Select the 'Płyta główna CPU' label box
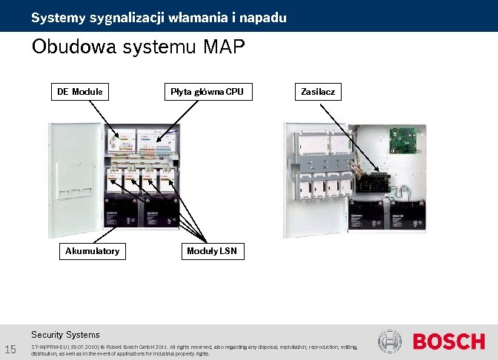(x=207, y=92)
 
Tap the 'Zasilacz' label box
(x=319, y=92)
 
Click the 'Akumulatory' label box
(x=92, y=251)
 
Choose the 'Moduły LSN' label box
(x=212, y=251)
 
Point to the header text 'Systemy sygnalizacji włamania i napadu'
(x=159, y=16)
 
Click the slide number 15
(x=10, y=350)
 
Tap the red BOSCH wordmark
(x=448, y=342)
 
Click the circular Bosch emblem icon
(x=390, y=342)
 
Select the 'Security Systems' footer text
(x=65, y=335)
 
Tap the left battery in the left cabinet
(x=121, y=212)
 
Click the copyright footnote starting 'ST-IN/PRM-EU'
(x=193, y=350)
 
